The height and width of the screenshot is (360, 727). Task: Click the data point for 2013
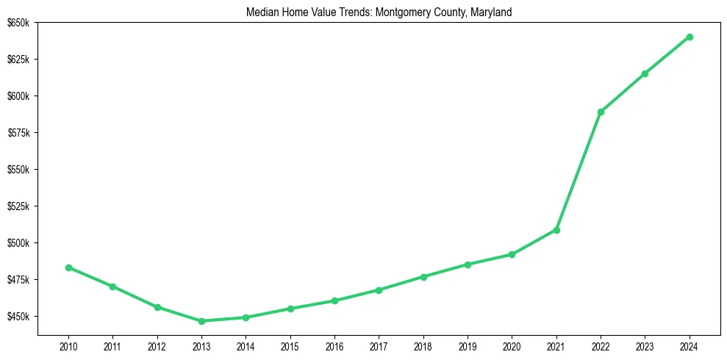click(201, 321)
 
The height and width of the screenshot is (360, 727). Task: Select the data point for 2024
click(690, 37)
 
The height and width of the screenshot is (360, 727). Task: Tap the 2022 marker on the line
click(601, 112)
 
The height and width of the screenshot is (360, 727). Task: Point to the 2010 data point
click(68, 267)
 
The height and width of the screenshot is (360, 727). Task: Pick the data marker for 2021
click(556, 230)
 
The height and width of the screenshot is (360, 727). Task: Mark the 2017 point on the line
click(379, 290)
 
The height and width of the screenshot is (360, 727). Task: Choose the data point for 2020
click(512, 254)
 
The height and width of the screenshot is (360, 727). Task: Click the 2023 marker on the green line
click(645, 73)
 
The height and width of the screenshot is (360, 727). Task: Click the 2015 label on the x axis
click(290, 346)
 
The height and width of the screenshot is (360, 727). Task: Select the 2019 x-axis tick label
click(468, 346)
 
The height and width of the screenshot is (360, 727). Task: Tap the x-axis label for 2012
click(157, 346)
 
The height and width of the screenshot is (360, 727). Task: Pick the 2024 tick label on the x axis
click(690, 346)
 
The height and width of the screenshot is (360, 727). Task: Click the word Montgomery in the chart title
click(398, 12)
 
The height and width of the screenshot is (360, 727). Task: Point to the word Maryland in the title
click(484, 12)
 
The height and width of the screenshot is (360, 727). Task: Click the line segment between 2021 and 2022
click(579, 171)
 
